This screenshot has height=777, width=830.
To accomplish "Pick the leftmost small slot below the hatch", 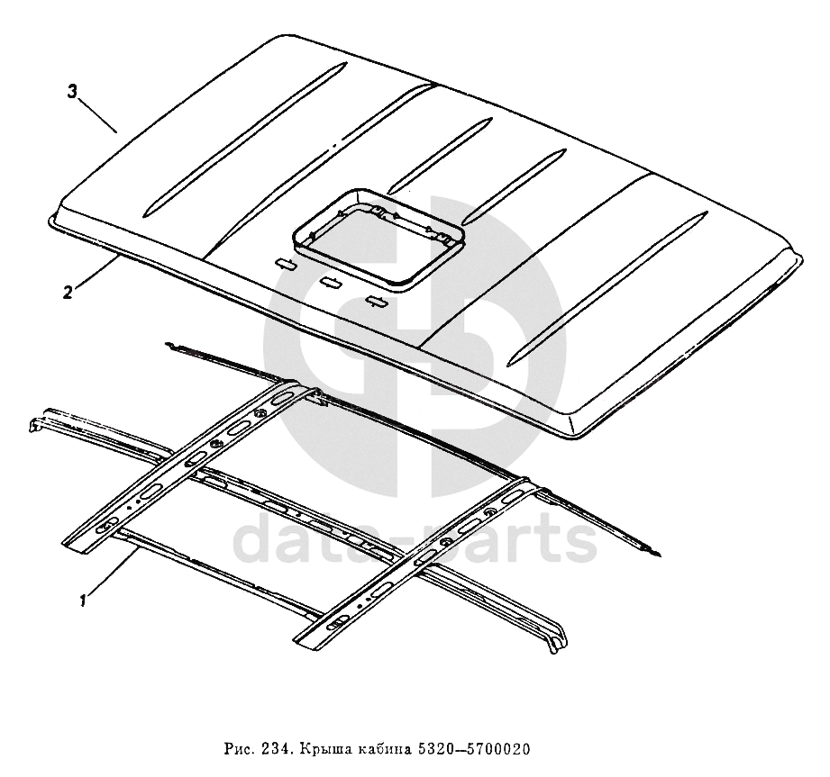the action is [285, 263].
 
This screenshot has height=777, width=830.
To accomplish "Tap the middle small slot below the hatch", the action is [330, 282].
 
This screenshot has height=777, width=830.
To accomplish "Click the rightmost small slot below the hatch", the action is [376, 301].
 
